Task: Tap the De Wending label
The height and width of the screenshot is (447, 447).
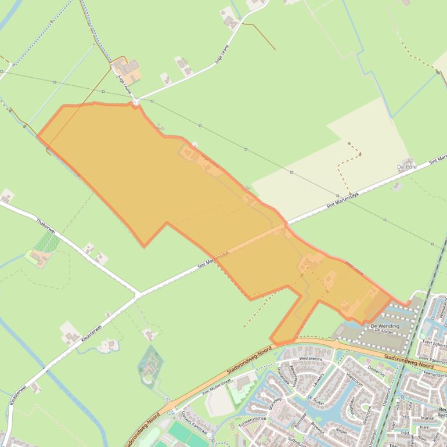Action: (x=385, y=326)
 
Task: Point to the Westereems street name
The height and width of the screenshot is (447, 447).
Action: (x=311, y=359)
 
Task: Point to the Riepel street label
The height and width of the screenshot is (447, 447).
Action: (x=342, y=431)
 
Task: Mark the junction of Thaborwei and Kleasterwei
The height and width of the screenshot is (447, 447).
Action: (x=137, y=295)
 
